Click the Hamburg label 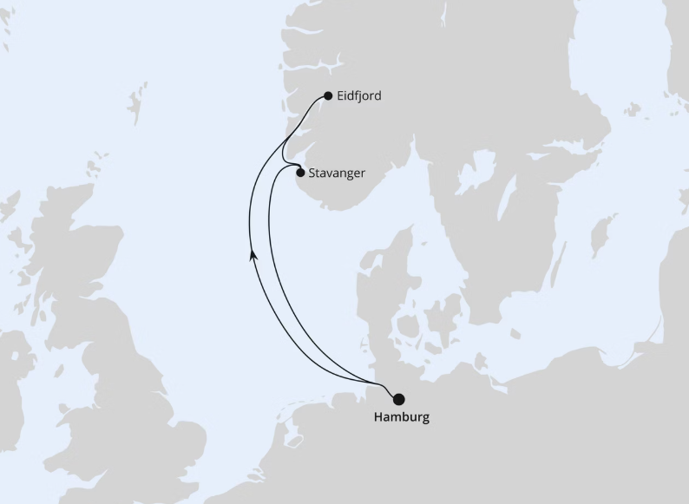[x=401, y=417]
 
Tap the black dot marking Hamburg [x=399, y=400]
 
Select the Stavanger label [x=337, y=173]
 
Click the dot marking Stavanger [x=300, y=173]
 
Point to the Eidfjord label [x=359, y=96]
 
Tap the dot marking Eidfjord [x=327, y=96]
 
